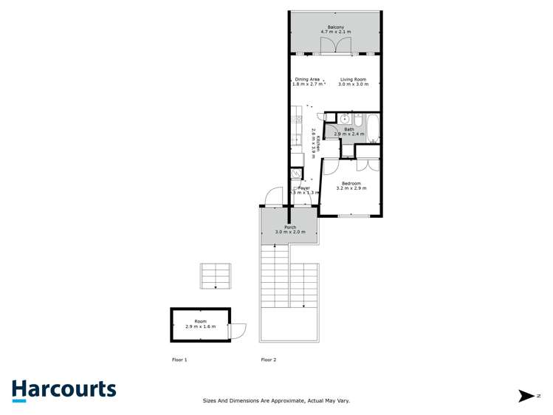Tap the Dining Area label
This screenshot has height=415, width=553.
point(306,79)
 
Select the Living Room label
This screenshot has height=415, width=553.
point(353,79)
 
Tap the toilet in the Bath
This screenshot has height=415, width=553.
point(357,120)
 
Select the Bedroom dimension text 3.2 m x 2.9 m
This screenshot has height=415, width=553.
point(351,188)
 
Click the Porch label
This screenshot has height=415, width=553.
point(290,227)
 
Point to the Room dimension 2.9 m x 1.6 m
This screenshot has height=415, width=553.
point(199,326)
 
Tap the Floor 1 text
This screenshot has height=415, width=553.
point(179,360)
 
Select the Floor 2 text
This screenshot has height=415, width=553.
point(269,360)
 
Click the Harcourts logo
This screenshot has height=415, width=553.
point(63,390)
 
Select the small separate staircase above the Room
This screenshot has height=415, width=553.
point(216,276)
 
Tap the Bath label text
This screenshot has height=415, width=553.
point(348,129)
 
